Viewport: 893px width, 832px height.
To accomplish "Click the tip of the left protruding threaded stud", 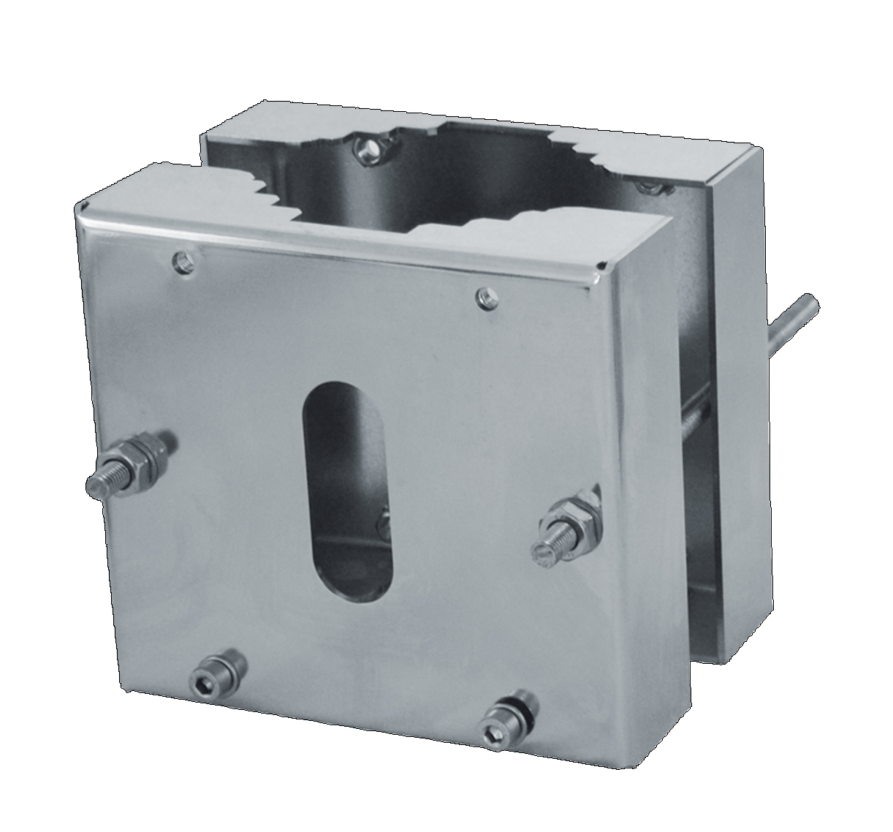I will pyautogui.click(x=96, y=484).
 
